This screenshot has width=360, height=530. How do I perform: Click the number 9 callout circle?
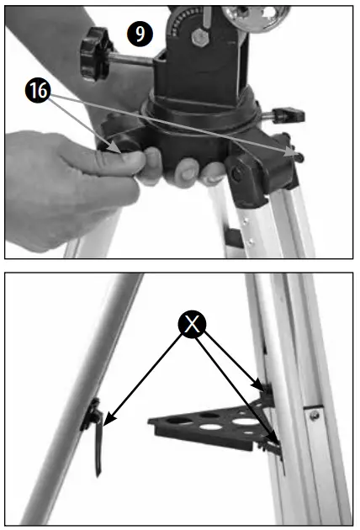click(x=140, y=34)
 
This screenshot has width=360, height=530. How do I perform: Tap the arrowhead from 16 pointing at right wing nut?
click(x=289, y=151)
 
